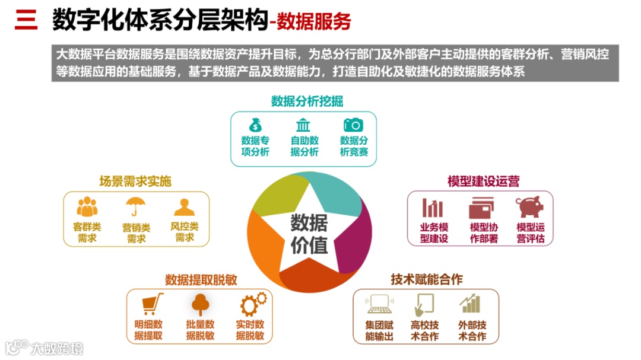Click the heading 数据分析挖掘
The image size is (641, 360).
(307, 101)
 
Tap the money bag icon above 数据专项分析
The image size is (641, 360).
(255, 125)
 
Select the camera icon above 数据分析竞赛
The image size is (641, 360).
(354, 125)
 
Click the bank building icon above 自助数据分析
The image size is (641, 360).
(303, 125)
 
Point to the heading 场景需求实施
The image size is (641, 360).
(135, 181)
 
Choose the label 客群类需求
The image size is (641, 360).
(87, 232)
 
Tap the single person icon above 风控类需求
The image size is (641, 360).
(185, 206)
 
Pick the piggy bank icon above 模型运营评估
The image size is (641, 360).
(529, 207)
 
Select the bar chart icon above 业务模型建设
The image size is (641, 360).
(433, 208)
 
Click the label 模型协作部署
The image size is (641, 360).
(483, 233)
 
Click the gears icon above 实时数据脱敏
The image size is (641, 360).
(252, 304)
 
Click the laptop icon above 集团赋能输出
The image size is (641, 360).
(379, 304)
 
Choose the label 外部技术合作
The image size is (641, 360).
(472, 330)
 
